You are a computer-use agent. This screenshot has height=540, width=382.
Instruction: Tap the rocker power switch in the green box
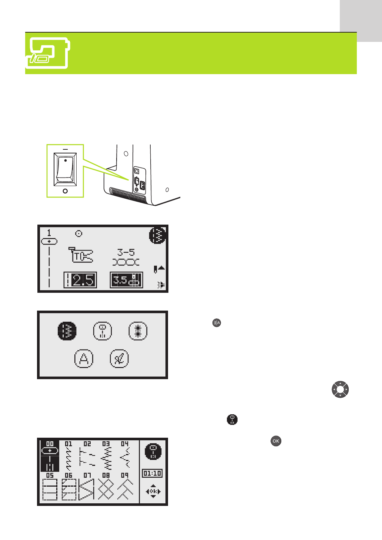click(65, 170)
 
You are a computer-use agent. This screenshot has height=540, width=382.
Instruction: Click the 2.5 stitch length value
click(80, 280)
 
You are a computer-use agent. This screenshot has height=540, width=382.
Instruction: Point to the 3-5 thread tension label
click(126, 253)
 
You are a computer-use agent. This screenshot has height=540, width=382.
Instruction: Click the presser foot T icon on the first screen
click(81, 255)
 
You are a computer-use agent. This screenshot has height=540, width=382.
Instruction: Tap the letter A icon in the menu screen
click(84, 359)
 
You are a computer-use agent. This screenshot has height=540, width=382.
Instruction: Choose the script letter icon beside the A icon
click(119, 359)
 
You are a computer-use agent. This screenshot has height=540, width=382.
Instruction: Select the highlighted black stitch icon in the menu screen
click(67, 331)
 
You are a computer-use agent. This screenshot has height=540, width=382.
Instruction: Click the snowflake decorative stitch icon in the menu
click(138, 331)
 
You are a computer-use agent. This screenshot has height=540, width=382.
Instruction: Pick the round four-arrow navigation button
click(340, 390)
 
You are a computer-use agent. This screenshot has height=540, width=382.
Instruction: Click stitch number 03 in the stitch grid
click(106, 456)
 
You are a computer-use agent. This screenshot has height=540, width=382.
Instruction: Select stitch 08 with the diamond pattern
click(106, 488)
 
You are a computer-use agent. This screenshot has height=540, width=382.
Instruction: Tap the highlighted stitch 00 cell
click(50, 456)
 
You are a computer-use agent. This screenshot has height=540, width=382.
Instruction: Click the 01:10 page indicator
click(152, 473)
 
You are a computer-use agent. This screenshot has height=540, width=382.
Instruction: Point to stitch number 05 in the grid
click(50, 488)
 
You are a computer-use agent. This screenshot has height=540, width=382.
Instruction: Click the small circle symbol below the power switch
click(65, 191)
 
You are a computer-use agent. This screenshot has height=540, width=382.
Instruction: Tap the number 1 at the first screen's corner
click(49, 233)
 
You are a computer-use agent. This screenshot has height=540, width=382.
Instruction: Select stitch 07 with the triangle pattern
click(87, 488)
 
